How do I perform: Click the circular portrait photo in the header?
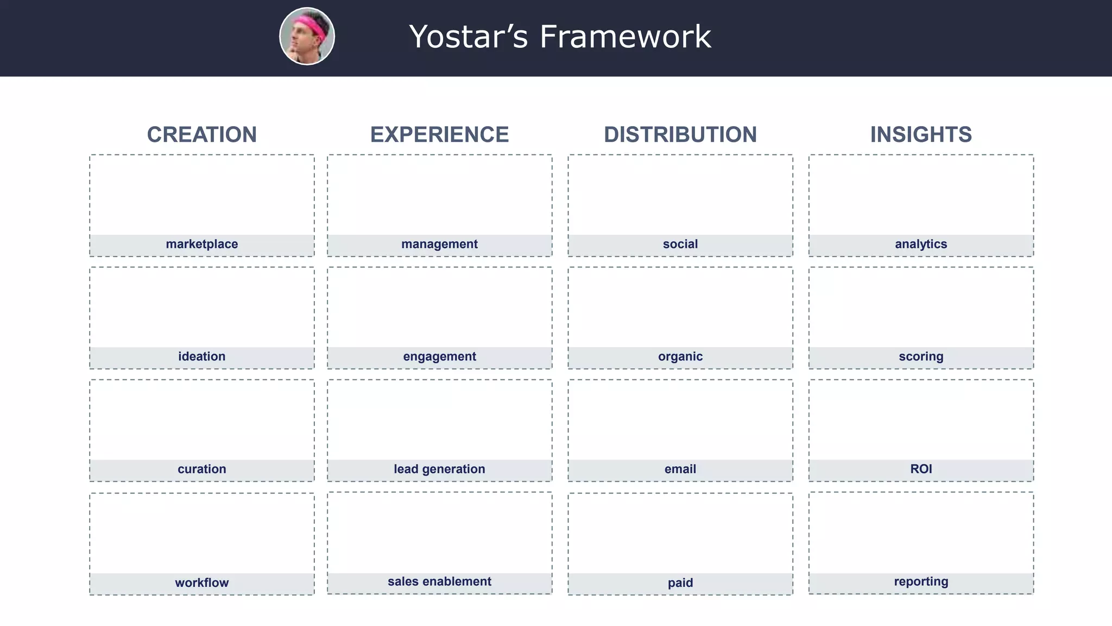pos(307,36)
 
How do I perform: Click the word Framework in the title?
pos(625,37)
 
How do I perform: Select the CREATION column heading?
pos(201,135)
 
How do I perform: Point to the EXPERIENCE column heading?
pos(439,135)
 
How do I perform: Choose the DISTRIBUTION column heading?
pos(680,135)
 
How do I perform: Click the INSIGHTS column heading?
pos(921,135)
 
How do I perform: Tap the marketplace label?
pos(201,245)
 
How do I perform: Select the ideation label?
pos(201,356)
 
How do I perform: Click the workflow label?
pos(201,583)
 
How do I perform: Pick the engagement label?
pos(439,356)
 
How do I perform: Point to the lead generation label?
pos(439,469)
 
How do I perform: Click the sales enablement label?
pos(439,581)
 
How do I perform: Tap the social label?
pos(680,245)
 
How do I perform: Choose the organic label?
pos(680,356)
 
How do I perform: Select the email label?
pos(680,469)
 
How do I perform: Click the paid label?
pos(680,583)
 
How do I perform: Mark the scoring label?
pos(921,356)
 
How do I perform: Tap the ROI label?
pos(921,469)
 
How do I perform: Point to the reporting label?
pos(921,581)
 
